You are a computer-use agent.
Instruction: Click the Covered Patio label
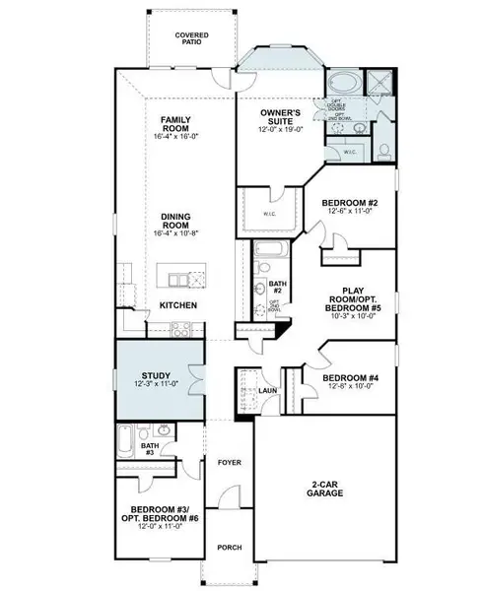(x=192, y=39)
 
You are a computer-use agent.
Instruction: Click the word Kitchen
(x=178, y=306)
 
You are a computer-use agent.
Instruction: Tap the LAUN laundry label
(x=266, y=391)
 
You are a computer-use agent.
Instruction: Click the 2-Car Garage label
(x=322, y=489)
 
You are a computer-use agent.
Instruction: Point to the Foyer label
(x=229, y=460)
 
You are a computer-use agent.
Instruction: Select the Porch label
(x=229, y=549)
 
